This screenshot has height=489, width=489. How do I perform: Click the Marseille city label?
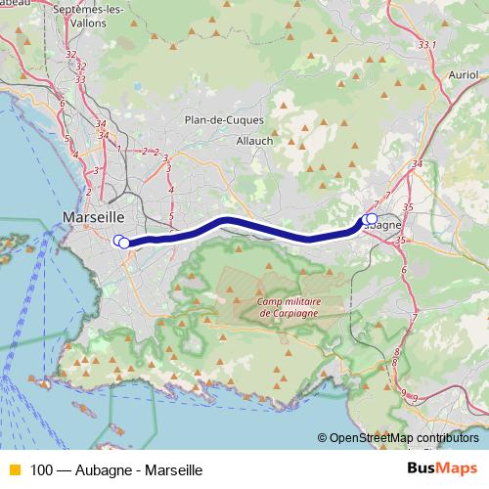[x=93, y=216]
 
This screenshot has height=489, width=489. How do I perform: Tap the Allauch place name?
[x=255, y=140]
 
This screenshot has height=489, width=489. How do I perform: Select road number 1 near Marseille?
[x=118, y=150]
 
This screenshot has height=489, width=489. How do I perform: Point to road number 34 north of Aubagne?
[x=418, y=163]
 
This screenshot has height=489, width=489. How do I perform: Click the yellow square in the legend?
[x=14, y=470]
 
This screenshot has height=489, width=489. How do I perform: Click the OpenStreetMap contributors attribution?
[x=403, y=438]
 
